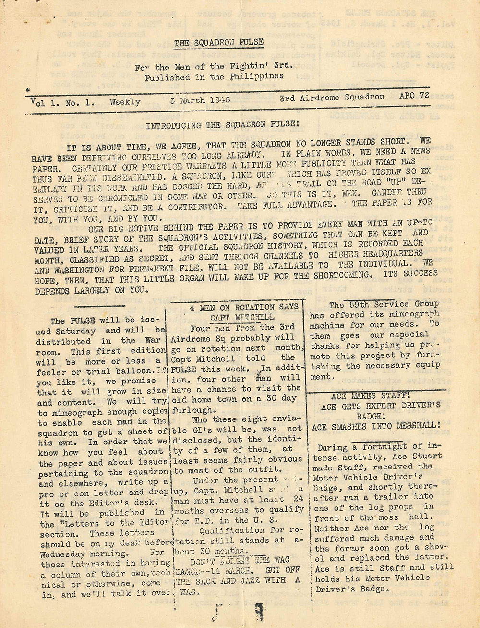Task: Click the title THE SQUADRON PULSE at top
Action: (x=218, y=43)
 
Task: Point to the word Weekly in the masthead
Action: (x=125, y=102)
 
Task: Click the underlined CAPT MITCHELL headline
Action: (x=241, y=317)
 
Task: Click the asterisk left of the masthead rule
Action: (x=28, y=90)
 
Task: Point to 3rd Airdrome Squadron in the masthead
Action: (x=332, y=97)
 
